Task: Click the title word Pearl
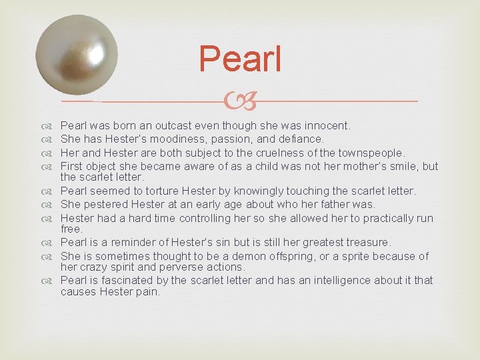(240, 59)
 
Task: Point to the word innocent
(327, 125)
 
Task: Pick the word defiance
(301, 139)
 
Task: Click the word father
(340, 205)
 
